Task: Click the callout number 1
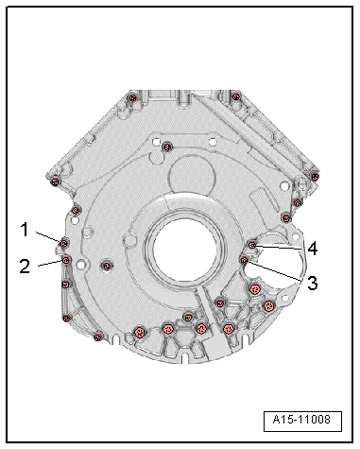(25, 230)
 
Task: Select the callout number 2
(25, 267)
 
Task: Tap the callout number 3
(312, 283)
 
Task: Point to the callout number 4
(313, 249)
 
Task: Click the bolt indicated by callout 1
(64, 244)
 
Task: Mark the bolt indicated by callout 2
(66, 260)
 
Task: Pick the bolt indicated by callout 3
(244, 260)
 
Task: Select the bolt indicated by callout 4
(252, 245)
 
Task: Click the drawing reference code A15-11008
(301, 420)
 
